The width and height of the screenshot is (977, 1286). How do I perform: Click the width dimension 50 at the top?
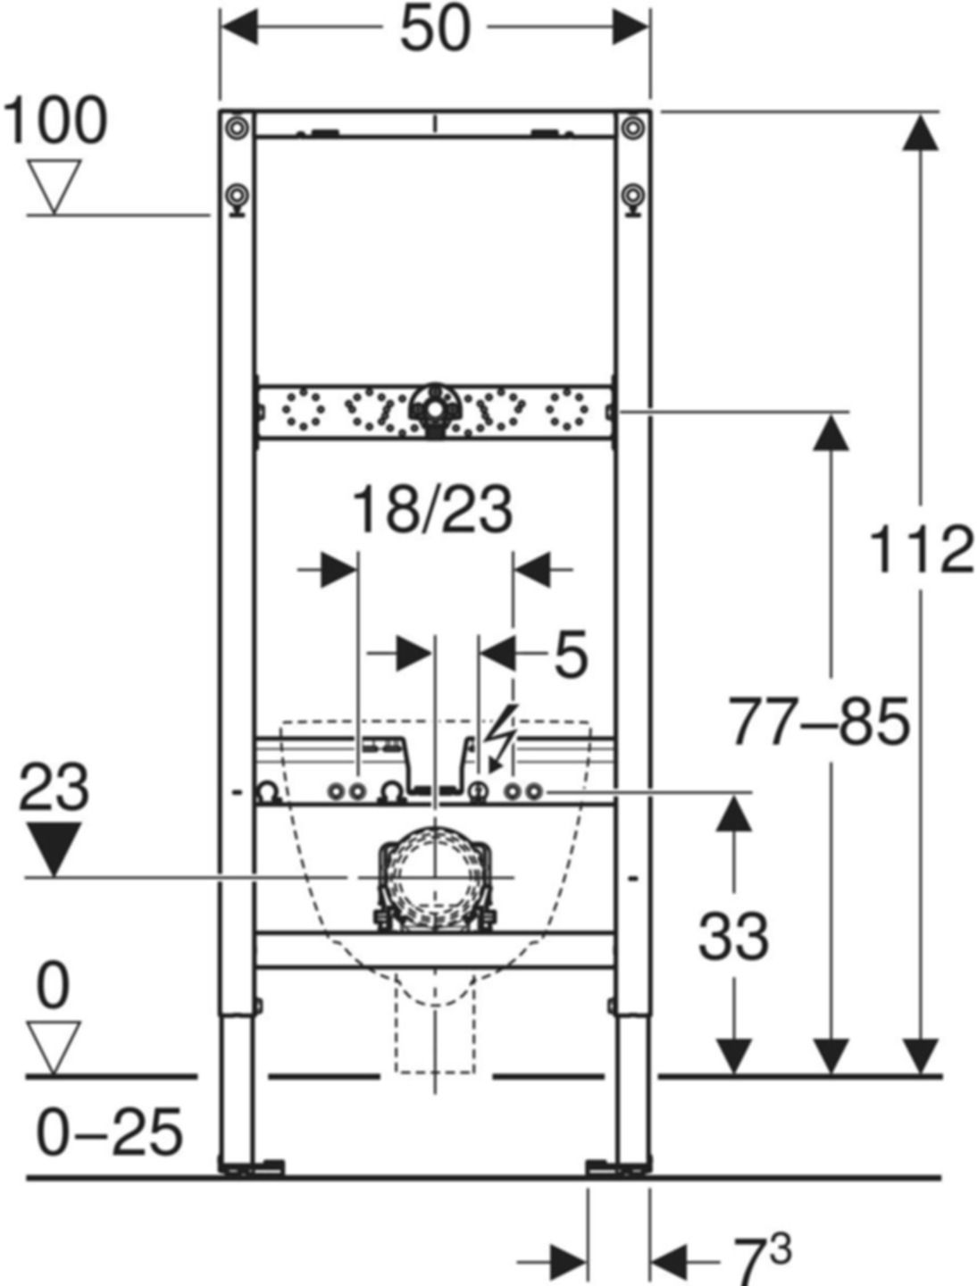[x=434, y=29]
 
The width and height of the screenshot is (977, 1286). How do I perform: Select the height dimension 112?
[x=921, y=549]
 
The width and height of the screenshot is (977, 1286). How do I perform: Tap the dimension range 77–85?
[x=819, y=722]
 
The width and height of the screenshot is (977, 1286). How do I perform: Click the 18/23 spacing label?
[x=433, y=510]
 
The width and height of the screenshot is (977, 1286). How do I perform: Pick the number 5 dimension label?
[x=571, y=654]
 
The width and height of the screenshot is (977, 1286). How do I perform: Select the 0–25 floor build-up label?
[x=109, y=1132]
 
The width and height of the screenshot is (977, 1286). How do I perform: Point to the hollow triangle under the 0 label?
[x=54, y=1048]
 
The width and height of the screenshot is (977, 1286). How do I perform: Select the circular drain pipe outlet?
[x=434, y=878]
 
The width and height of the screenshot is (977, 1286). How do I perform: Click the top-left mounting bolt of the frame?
[x=237, y=128]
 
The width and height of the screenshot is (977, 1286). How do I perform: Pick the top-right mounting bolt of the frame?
[x=633, y=128]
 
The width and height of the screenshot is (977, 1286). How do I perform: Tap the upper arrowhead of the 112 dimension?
[x=921, y=134]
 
